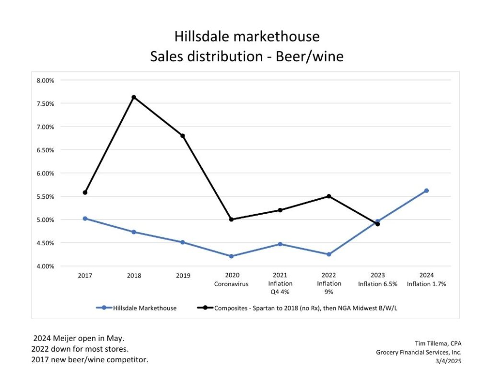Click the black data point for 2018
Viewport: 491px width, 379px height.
click(134, 97)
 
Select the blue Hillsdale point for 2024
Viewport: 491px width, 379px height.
click(426, 191)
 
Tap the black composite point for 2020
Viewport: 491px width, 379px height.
click(231, 219)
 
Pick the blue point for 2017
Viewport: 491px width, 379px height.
click(85, 218)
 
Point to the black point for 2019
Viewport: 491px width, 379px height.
click(183, 136)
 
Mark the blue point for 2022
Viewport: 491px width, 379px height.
click(329, 254)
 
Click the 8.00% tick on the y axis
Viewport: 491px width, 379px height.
click(45, 80)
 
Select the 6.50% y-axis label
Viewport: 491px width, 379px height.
click(45, 150)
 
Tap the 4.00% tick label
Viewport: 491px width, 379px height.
click(45, 266)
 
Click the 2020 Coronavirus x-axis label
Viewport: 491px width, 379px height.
click(231, 279)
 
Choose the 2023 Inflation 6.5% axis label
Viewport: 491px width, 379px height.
click(377, 279)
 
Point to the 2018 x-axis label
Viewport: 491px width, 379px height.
click(134, 276)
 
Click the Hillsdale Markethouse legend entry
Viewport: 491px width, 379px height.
click(137, 308)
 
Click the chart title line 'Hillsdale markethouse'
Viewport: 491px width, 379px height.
click(246, 36)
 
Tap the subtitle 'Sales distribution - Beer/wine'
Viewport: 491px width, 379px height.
click(246, 57)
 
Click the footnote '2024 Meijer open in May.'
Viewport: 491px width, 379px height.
click(72, 339)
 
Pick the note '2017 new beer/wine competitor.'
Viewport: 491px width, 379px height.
click(90, 359)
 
